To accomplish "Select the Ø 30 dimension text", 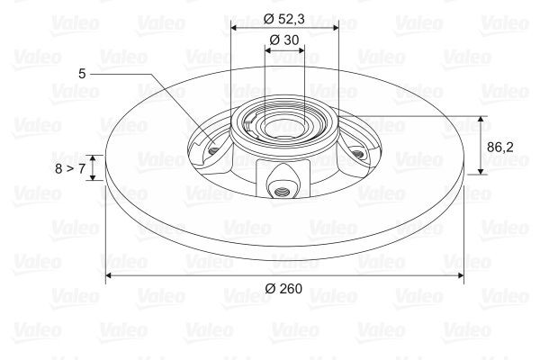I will tap(285, 39).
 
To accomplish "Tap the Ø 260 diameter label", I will tap(284, 289).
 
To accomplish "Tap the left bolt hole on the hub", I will tap(213, 148).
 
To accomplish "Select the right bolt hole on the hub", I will tap(357, 155).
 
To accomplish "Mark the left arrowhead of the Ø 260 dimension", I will tap(111, 275).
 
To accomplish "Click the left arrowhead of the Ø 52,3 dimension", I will tap(235, 27).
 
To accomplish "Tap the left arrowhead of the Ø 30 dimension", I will tap(267, 50).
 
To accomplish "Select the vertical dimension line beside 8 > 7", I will tap(91, 167).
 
